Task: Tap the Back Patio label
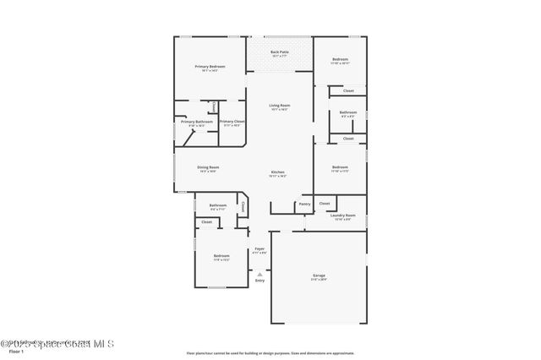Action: tap(279, 52)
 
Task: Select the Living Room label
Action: tap(279, 106)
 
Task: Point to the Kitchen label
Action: tap(278, 173)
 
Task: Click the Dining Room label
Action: tap(208, 167)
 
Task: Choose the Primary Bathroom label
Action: tap(196, 122)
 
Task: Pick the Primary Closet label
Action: tap(232, 122)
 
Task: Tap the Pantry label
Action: tap(304, 204)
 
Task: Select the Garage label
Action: tap(319, 275)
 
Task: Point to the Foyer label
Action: tap(260, 249)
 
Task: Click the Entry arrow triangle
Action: tap(260, 273)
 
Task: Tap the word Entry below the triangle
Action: tap(260, 280)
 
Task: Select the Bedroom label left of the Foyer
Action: tap(221, 256)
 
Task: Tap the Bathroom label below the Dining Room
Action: tap(218, 205)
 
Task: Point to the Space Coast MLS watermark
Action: tap(57, 343)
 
